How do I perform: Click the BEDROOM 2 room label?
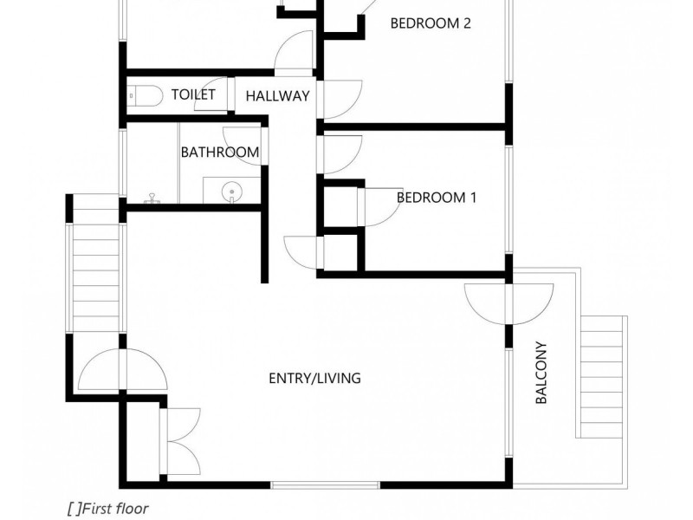[431, 23]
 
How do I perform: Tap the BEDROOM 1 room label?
[437, 198]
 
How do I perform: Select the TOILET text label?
[193, 94]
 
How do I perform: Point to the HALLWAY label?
[277, 96]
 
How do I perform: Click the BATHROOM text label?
[219, 153]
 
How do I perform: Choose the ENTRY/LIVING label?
[314, 379]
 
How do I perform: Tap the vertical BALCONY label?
[541, 373]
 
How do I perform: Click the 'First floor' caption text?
[107, 509]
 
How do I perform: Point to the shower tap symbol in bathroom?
[152, 199]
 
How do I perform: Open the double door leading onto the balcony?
[508, 303]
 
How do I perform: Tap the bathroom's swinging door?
[242, 143]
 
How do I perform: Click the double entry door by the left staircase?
[121, 370]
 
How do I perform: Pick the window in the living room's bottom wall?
[327, 484]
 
